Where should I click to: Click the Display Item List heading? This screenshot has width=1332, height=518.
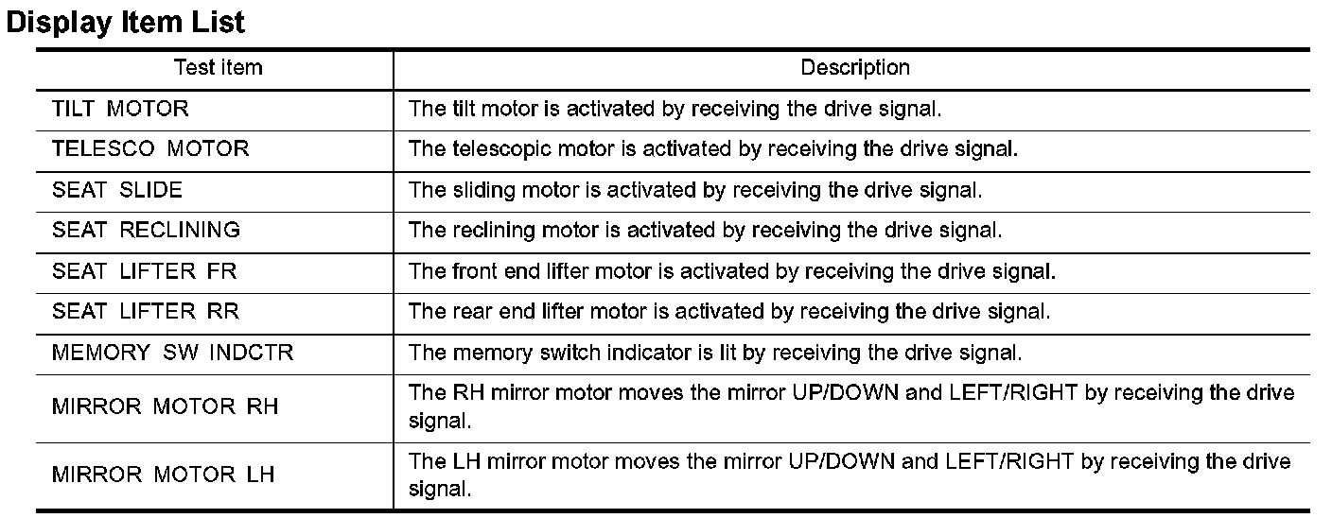coord(125,22)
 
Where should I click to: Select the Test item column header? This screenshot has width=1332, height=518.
coord(218,68)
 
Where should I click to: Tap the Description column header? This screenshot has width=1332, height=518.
coord(854,68)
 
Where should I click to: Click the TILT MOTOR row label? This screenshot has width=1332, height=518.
coord(120,109)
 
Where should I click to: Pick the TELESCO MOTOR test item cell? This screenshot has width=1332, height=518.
coord(150,149)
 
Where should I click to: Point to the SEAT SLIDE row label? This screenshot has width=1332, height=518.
coord(117,190)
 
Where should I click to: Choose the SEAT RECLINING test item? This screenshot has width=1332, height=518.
coord(146,231)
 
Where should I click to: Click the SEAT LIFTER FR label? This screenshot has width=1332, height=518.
coord(144,272)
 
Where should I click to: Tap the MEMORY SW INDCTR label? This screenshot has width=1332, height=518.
coord(173,354)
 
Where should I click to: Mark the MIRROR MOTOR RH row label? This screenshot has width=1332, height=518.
coord(165,406)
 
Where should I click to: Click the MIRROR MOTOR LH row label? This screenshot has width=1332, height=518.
coord(164,475)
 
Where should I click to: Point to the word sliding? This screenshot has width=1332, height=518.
coord(473,190)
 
